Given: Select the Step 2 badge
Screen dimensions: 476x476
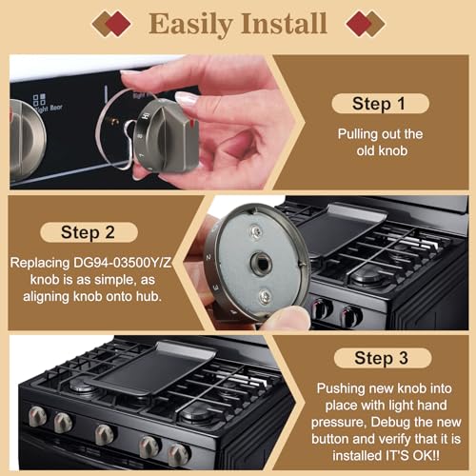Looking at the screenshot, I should point(89,232).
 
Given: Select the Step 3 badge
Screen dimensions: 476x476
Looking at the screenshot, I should point(387,358).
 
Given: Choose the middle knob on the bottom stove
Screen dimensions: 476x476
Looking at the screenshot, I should point(105,434).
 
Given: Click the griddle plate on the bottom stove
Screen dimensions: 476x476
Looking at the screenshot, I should point(144,371).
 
